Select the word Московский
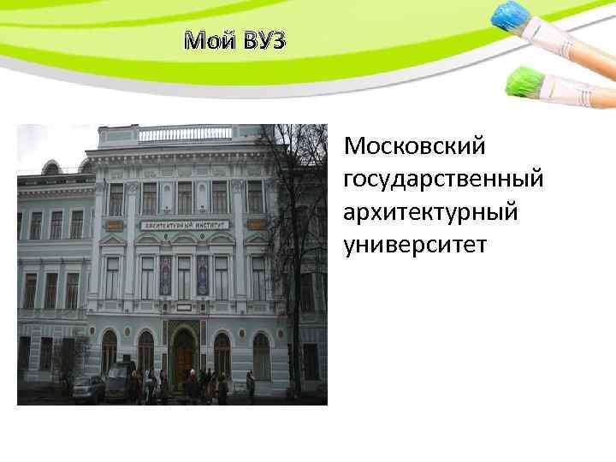pos(414,146)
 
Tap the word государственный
pos(443,179)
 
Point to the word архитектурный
pos(430,212)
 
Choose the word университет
pos(415,245)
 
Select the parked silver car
pos(88,388)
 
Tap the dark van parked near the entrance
pos(121,376)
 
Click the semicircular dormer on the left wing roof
pos(51,168)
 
